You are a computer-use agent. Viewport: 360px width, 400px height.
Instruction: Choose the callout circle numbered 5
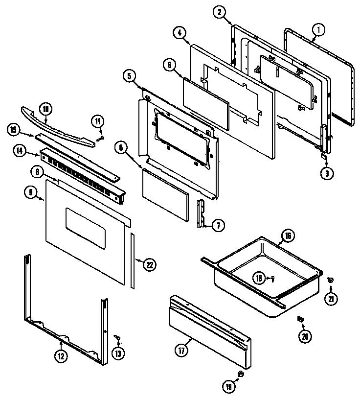pos(129,75)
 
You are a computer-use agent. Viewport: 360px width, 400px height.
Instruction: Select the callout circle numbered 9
pos(30,192)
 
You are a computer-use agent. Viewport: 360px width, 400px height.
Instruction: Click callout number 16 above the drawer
pos(288,236)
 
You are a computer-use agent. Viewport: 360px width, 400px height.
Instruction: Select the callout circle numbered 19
pos(228,386)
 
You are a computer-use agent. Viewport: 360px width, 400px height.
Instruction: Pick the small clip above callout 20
pos(300,320)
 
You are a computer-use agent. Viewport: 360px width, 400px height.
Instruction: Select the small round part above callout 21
pos(331,280)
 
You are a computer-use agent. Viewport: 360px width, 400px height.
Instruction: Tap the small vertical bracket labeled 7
pos(201,213)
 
